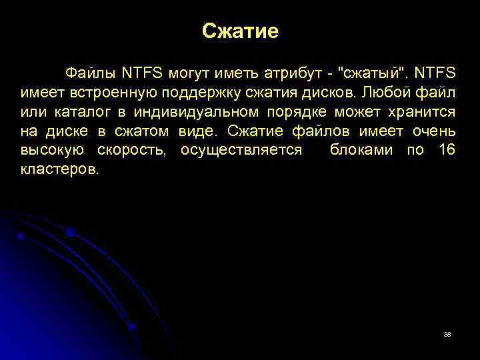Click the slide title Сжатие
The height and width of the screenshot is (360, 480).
240,31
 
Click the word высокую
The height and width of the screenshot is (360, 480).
52,150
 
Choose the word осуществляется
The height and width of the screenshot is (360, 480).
241,150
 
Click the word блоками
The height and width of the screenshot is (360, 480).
359,150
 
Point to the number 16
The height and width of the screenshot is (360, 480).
447,150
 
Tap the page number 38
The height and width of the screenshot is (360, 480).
447,334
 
